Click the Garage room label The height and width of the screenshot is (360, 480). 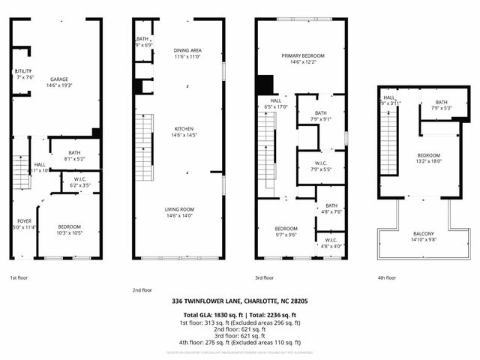[59, 79]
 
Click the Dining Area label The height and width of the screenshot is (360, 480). [187, 50]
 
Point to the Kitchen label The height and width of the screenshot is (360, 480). [184, 129]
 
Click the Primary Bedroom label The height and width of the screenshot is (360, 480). [302, 56]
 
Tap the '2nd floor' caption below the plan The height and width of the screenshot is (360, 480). [142, 289]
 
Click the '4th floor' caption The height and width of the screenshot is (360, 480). [387, 277]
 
